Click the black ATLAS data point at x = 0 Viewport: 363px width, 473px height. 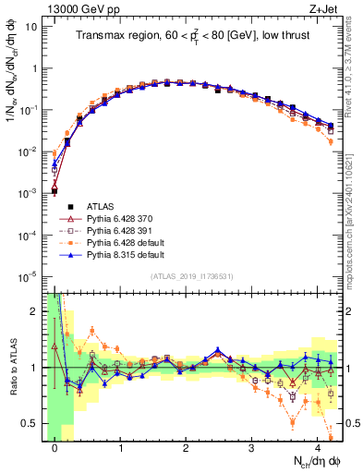[x=54, y=191]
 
